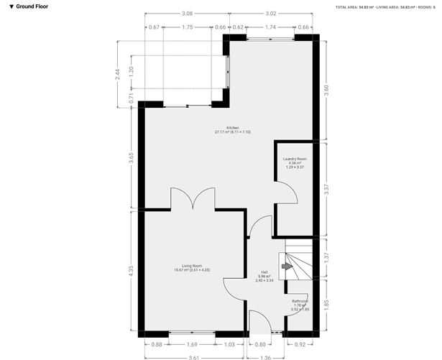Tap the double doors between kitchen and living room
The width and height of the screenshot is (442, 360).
(192, 198)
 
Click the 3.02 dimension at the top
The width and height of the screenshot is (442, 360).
(271, 13)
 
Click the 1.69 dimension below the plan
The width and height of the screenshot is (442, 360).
(192, 345)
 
